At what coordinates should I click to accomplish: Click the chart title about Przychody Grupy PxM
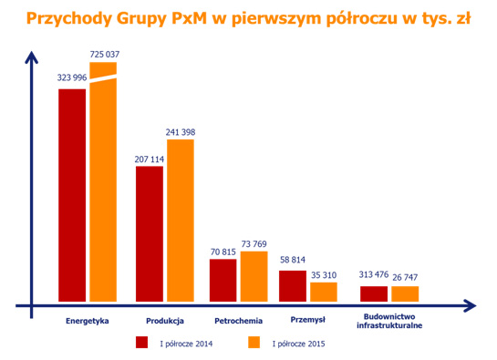[248, 17]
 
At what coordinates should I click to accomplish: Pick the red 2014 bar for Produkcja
[150, 233]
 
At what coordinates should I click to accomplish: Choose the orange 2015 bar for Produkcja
[181, 220]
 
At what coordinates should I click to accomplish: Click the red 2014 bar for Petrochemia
[223, 280]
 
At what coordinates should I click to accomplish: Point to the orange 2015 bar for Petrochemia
[254, 276]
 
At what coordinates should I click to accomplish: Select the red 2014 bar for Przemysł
[293, 285]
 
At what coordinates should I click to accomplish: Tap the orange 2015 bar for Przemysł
[323, 291]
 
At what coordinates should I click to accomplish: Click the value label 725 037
[105, 55]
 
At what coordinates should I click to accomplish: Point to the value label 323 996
[72, 78]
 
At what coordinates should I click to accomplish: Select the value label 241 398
[181, 131]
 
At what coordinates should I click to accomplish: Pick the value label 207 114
[150, 158]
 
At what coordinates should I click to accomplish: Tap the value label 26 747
[405, 275]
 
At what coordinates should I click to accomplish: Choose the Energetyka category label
[88, 320]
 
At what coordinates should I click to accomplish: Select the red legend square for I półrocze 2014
[141, 343]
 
